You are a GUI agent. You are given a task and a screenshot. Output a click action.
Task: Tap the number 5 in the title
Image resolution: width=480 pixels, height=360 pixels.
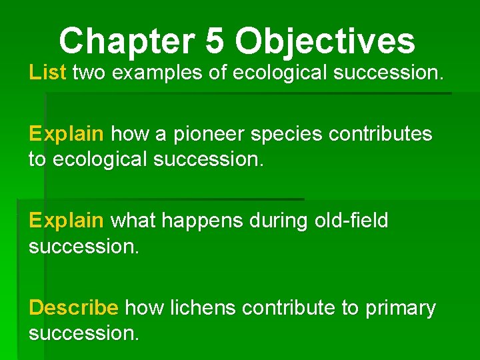[215, 41]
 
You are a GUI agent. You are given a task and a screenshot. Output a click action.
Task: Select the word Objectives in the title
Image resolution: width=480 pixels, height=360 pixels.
[325, 41]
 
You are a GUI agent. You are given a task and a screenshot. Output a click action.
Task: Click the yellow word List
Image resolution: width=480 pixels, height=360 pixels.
[47, 73]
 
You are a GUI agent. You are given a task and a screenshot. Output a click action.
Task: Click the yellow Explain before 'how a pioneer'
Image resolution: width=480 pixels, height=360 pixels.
[66, 134]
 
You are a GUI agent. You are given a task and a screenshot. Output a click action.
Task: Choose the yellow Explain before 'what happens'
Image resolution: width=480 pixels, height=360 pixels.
[66, 221]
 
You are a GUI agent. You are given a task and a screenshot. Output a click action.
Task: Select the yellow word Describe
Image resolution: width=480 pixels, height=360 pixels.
[73, 308]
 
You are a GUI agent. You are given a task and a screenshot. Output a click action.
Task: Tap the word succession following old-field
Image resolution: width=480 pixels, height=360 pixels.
[83, 247]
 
